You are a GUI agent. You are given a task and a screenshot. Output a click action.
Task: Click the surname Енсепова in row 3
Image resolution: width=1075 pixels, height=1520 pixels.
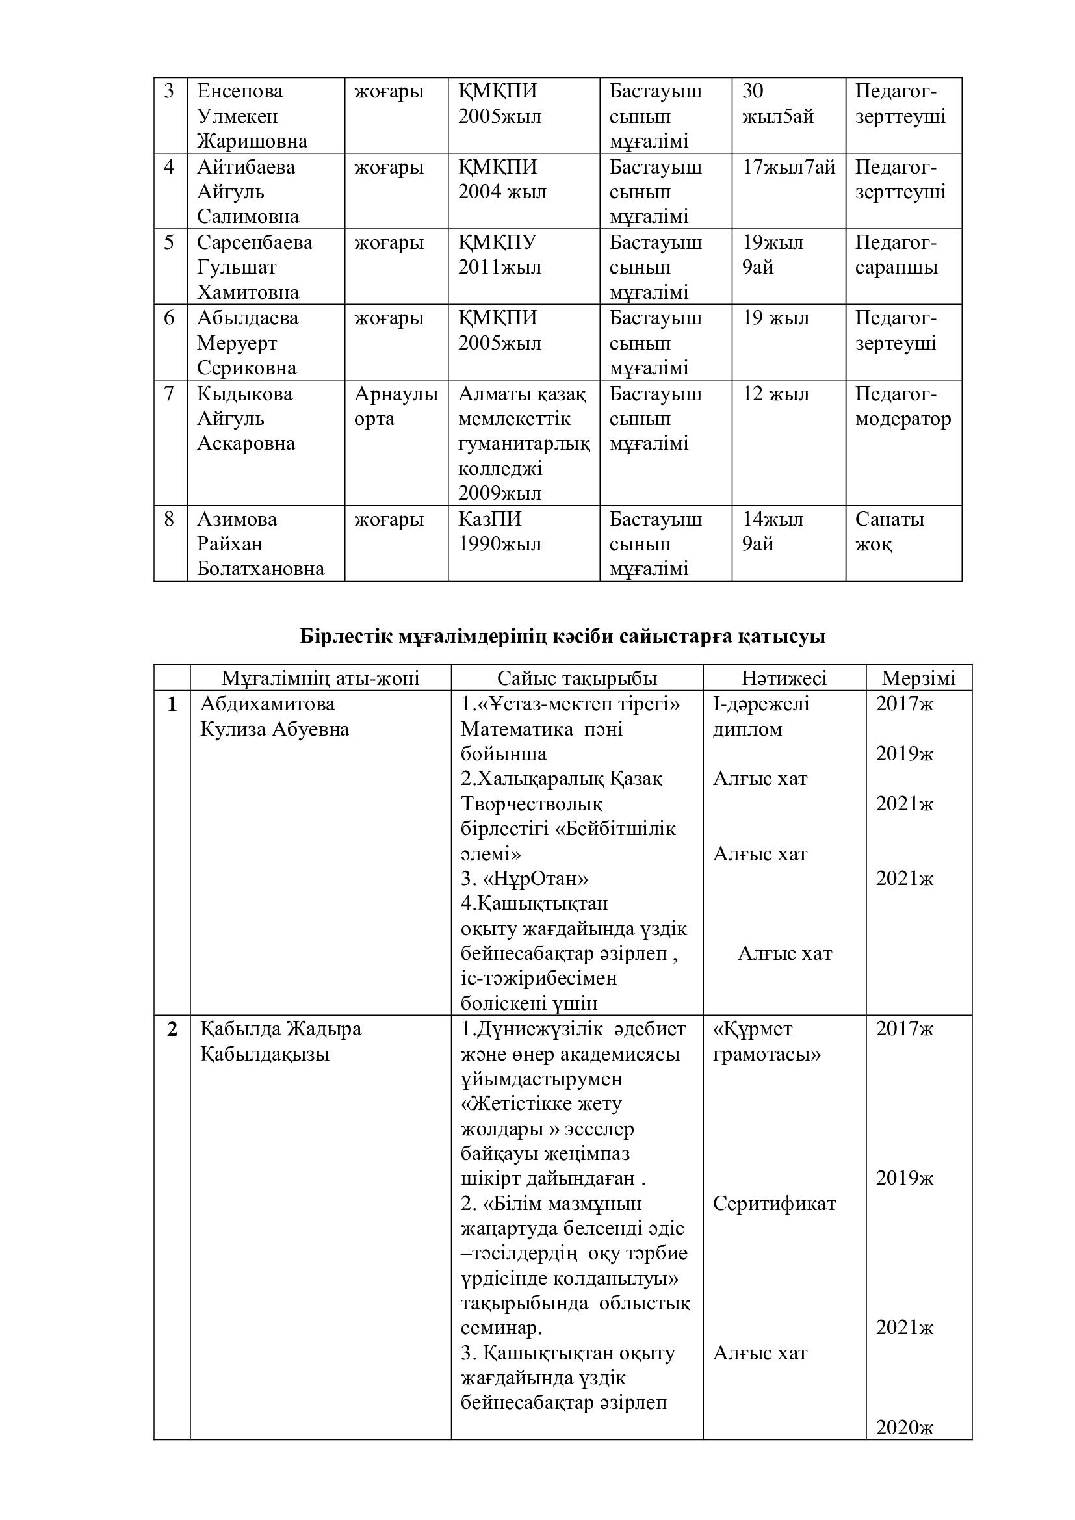coord(240,91)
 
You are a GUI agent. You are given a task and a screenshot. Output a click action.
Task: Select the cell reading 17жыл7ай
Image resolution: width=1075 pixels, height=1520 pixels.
coord(788,167)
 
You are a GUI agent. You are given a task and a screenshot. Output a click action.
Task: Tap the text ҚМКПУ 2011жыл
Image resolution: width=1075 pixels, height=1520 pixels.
coord(500,255)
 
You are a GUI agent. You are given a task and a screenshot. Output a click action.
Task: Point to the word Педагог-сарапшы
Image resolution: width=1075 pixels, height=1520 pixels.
coord(896,255)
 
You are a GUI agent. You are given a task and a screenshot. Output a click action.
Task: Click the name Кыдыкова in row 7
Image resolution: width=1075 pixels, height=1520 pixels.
coord(245,394)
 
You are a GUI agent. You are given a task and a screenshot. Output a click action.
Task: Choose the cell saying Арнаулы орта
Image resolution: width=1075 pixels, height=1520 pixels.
coord(396,406)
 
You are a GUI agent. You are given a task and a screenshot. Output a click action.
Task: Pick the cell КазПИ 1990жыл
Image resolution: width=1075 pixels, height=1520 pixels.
coord(500,532)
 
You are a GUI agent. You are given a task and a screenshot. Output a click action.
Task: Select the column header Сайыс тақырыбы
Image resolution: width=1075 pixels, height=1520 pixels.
coord(577,678)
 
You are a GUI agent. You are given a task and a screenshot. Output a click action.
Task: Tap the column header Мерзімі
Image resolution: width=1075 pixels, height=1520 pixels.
coord(918,678)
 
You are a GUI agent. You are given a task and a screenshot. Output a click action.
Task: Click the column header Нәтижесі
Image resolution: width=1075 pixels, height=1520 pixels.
coord(784,678)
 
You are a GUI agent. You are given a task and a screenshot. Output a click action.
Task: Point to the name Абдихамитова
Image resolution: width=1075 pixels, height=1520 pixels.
coord(267,704)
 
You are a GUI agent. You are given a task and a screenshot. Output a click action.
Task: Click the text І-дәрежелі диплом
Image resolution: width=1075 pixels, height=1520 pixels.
coord(760,716)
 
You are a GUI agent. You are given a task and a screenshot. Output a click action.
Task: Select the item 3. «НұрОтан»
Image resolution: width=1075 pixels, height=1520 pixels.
coord(525,879)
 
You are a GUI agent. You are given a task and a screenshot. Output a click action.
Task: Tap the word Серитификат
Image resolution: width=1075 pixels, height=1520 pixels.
coord(774,1203)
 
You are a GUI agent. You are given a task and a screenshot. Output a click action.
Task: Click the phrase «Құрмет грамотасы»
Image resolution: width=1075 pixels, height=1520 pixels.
coord(766,1041)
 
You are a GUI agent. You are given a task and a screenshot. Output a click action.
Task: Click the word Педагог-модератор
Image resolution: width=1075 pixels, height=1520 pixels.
coord(902,406)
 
